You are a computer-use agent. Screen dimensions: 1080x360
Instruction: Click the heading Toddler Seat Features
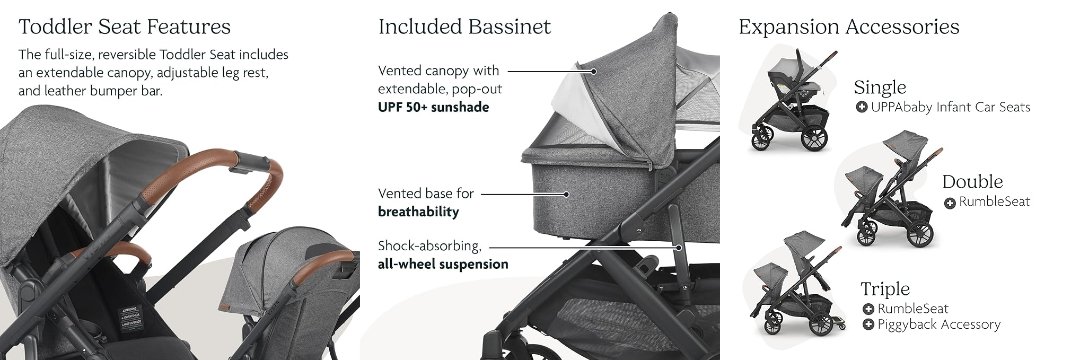[x=124, y=27]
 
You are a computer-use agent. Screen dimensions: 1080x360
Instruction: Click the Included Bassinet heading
[x=465, y=27]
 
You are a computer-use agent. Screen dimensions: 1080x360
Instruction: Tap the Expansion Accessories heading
[x=849, y=28]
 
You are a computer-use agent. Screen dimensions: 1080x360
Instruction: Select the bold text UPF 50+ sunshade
[x=433, y=107]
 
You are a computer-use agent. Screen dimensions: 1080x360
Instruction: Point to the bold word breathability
[x=418, y=212]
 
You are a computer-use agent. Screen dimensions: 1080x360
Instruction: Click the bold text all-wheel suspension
[x=443, y=264]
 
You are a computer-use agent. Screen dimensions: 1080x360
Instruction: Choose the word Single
[x=880, y=88]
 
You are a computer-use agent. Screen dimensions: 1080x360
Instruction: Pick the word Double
[x=973, y=182]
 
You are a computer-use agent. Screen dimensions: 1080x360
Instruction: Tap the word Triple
[x=884, y=288]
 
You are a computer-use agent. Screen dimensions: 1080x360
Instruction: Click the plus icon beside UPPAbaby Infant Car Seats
[x=861, y=107]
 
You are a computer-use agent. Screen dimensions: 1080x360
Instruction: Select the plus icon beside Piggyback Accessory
[x=868, y=325]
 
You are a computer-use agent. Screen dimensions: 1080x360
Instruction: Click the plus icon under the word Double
[x=950, y=203]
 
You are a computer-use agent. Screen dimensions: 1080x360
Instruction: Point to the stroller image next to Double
[x=891, y=187]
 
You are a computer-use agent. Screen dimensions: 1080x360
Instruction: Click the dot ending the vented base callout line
[x=566, y=195]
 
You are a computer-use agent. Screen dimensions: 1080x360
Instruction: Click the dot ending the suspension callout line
[x=679, y=246]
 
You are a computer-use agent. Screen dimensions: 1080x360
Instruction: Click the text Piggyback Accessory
[x=939, y=325]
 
